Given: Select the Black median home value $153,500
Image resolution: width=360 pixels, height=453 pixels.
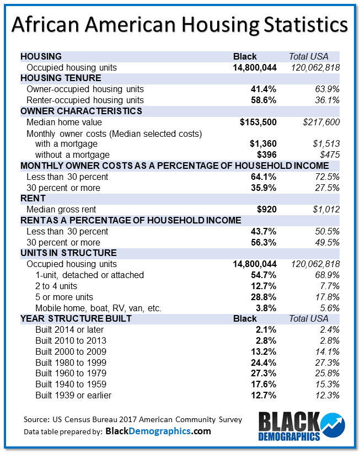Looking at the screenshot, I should [x=259, y=122].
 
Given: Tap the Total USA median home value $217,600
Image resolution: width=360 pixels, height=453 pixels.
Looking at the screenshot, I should [x=319, y=122].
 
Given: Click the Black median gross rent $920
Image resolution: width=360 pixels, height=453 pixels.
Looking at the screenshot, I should [x=265, y=209].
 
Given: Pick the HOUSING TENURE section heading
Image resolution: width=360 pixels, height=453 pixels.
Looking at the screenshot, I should [x=61, y=78].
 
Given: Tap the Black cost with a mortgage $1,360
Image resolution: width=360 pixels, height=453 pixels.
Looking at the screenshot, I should [x=263, y=144].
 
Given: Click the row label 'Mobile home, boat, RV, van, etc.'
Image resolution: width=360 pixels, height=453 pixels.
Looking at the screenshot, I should [x=98, y=308].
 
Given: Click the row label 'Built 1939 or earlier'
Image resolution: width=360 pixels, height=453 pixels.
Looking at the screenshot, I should [x=73, y=395].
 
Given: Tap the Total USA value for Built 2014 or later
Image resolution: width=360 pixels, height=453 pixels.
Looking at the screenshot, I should [x=329, y=329].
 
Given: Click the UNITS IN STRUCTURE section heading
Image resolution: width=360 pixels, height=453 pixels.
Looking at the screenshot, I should [x=68, y=253].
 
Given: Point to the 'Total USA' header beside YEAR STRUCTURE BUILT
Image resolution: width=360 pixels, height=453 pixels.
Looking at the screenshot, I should [x=309, y=318].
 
